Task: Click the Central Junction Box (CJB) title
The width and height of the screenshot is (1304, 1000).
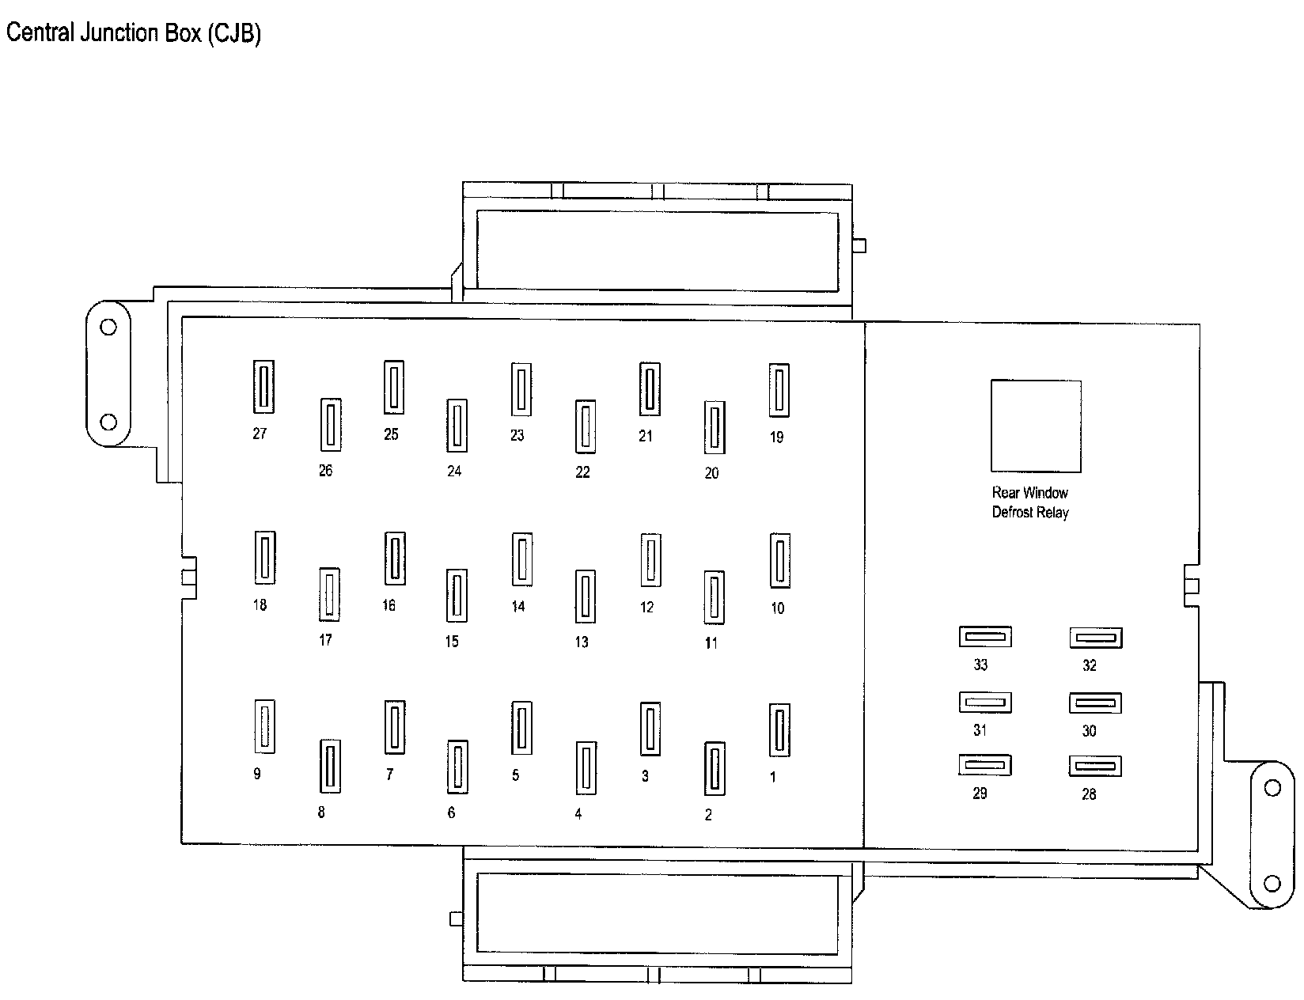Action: [134, 33]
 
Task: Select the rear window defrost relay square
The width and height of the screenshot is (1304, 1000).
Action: [1036, 426]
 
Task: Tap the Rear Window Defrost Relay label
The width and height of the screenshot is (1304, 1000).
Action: [1030, 502]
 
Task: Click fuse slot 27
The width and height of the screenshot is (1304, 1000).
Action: [263, 387]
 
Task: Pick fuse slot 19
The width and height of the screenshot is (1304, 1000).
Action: [779, 390]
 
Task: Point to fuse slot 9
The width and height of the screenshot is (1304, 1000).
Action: [264, 726]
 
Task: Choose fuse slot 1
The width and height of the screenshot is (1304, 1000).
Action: [779, 729]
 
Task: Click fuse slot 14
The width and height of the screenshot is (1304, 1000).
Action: [521, 559]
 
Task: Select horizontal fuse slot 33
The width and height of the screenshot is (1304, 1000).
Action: [985, 636]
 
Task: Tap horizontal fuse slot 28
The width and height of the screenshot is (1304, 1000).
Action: [1095, 766]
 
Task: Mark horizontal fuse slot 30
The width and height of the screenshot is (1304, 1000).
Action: [1095, 703]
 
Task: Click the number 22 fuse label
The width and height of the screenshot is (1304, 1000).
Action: [583, 472]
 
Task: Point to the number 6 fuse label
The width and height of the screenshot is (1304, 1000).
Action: [452, 812]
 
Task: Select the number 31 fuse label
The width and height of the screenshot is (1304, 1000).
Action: [980, 730]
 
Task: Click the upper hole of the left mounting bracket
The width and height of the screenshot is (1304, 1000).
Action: [108, 327]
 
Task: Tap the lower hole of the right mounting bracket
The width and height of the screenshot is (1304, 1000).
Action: [1272, 882]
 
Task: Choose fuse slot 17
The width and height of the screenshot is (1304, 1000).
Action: [329, 594]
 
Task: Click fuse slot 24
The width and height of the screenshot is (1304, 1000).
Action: [457, 425]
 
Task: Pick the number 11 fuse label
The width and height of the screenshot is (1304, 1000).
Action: [711, 643]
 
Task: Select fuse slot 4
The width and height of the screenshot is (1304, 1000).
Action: [586, 767]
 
